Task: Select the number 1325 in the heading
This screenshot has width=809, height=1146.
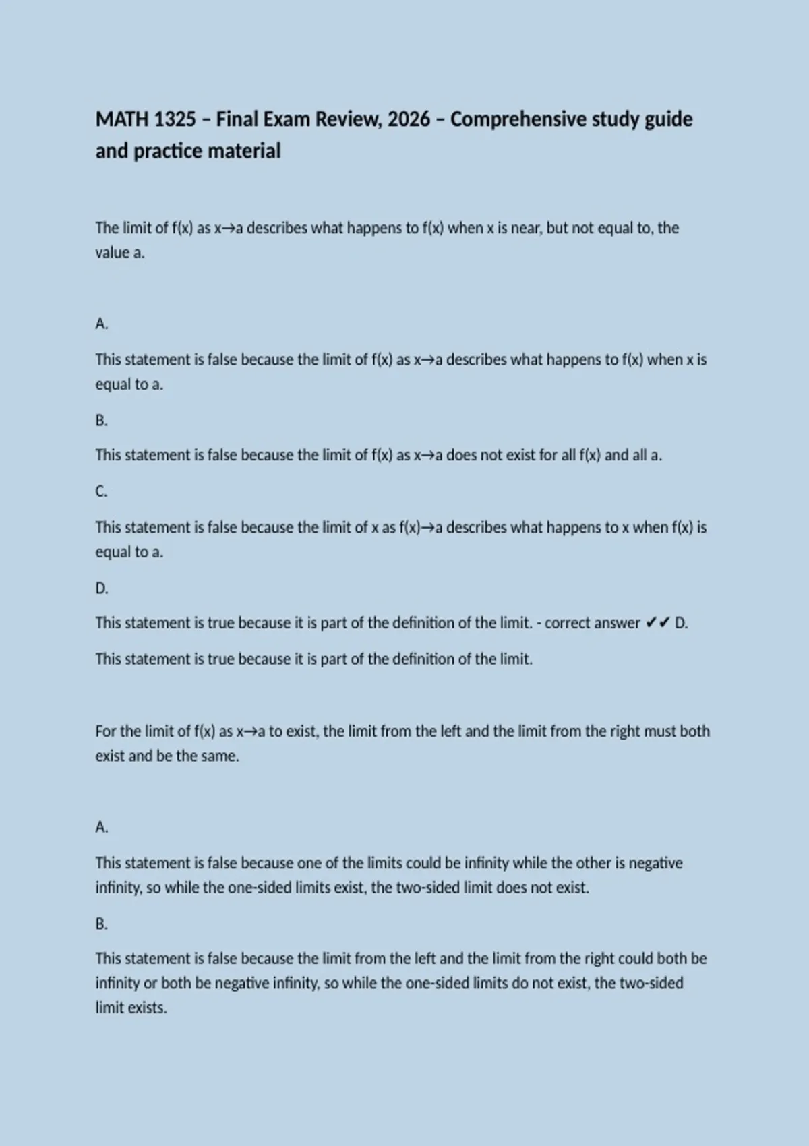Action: [x=175, y=119]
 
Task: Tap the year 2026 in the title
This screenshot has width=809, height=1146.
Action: [x=409, y=119]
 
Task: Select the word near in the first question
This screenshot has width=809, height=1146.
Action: [x=526, y=228]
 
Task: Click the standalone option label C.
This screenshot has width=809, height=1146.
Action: [x=101, y=491]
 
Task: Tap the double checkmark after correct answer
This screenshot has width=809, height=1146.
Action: [x=657, y=623]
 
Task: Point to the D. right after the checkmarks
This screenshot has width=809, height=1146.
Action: [x=681, y=623]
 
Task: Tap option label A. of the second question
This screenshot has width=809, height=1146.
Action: [x=101, y=827]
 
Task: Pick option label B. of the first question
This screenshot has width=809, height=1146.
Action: [x=101, y=421]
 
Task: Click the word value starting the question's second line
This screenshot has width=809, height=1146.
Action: [x=112, y=253]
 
